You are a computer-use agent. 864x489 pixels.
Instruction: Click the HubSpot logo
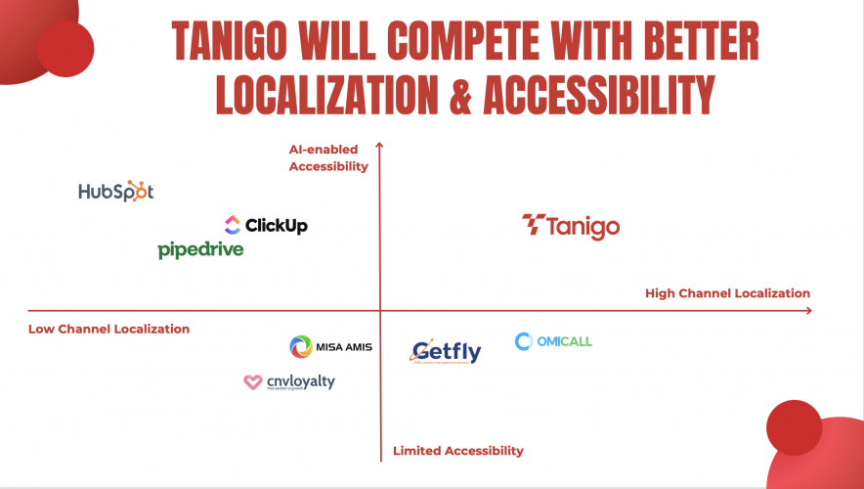coord(116,192)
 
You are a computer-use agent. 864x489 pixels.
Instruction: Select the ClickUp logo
coord(266,226)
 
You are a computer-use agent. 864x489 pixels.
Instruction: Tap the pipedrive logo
coord(200,250)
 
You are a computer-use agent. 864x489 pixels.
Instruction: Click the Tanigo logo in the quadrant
coord(571,226)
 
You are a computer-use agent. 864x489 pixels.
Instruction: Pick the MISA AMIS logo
coord(330,347)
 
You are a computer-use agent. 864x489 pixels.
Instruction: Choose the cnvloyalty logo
coord(288,381)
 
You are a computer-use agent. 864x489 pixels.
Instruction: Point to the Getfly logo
coord(446,351)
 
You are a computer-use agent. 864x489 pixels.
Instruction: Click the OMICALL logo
coord(553,341)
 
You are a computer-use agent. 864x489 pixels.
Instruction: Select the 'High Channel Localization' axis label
coord(727,293)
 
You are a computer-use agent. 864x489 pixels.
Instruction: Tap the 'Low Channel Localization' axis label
coord(108,330)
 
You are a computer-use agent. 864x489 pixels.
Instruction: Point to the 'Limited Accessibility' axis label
coord(458,451)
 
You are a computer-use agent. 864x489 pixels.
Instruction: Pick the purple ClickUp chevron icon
coord(232,225)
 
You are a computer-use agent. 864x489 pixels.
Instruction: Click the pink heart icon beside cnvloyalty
coord(251,382)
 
